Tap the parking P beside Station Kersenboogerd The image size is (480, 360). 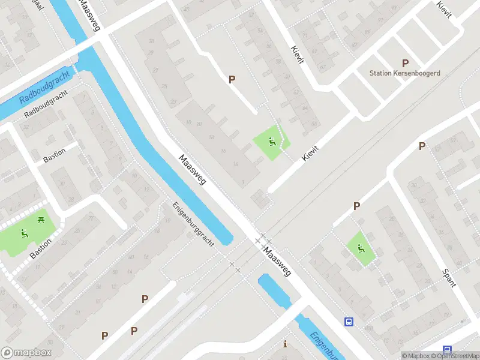[405, 63]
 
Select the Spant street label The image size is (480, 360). [448, 277]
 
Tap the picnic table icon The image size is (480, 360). [41, 220]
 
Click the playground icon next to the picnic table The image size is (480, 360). [25, 233]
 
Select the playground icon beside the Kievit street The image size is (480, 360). [272, 142]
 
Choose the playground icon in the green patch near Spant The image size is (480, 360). [361, 249]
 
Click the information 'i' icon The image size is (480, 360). [285, 344]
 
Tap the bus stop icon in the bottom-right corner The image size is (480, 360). [446, 350]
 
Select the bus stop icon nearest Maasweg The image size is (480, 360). [349, 322]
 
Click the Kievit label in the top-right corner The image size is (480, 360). [444, 9]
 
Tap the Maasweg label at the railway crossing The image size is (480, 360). [277, 262]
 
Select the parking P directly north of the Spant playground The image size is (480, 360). [356, 206]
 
